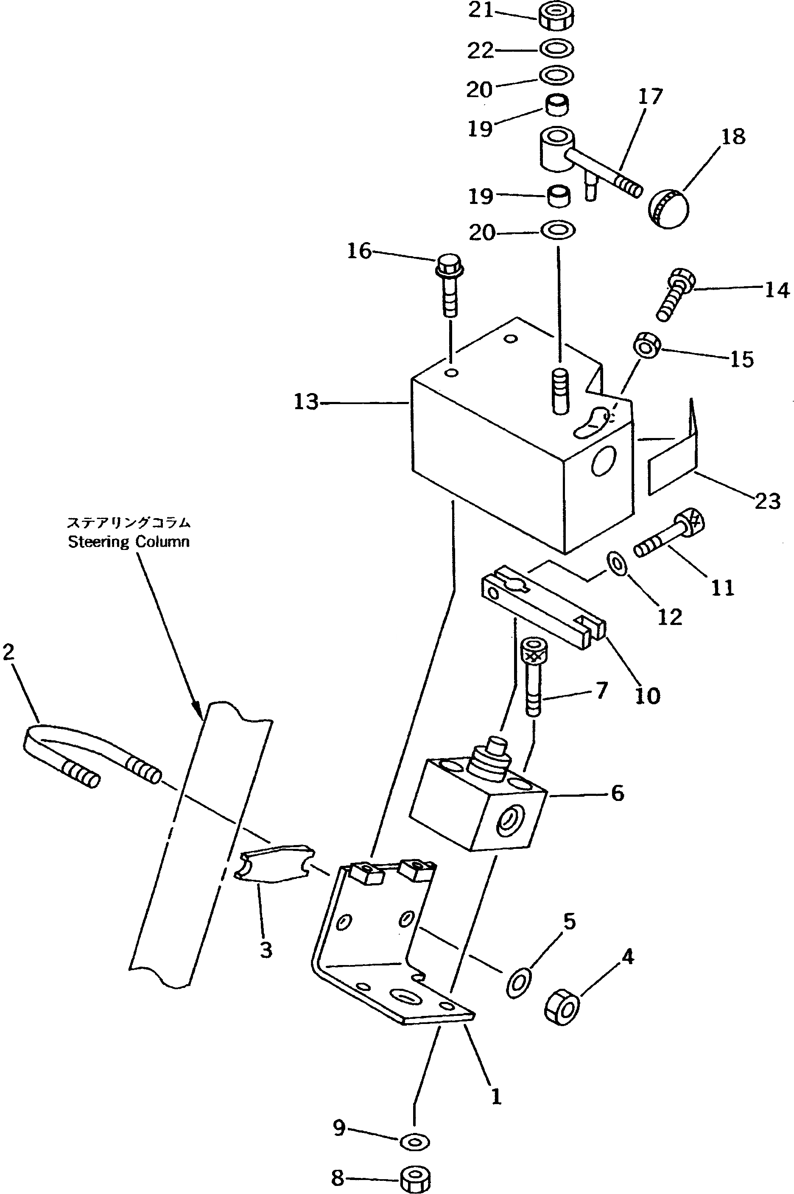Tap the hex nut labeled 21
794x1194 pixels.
pos(556,17)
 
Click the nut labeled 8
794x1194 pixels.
pos(415,1180)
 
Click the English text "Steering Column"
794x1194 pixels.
pos(129,542)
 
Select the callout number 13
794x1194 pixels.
pos(306,402)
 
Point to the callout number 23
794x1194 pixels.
pos(768,501)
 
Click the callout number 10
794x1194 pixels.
pos(647,696)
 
